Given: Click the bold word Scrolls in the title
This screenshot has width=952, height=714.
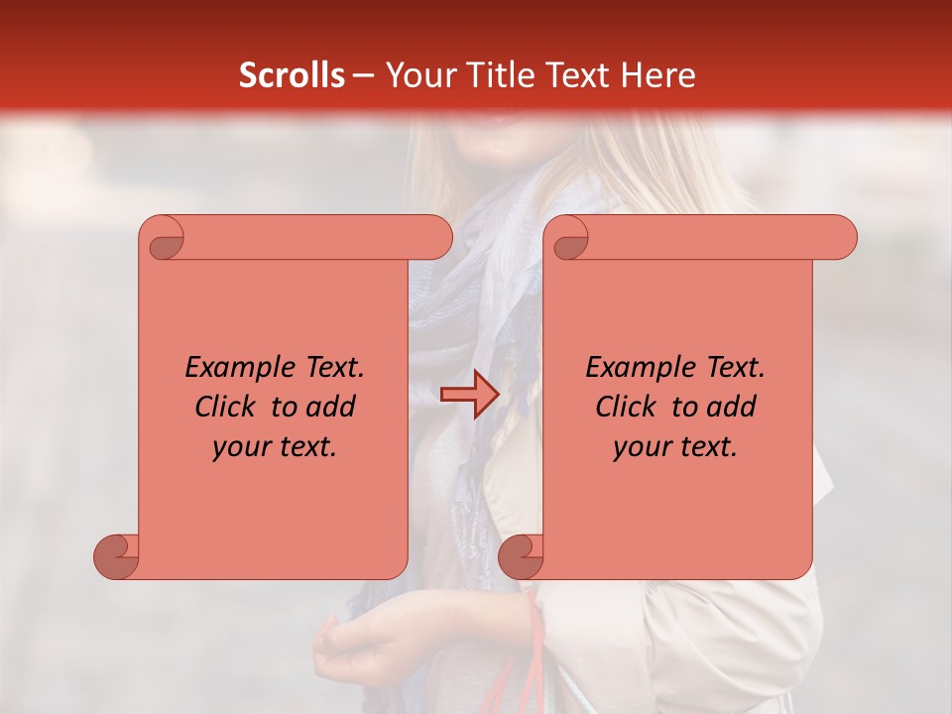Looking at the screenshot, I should point(292,75).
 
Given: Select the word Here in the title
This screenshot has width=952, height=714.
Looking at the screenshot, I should point(658,75).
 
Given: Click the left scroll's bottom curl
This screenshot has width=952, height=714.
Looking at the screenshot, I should point(117,555).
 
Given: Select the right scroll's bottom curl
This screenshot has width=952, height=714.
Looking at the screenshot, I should point(521,555).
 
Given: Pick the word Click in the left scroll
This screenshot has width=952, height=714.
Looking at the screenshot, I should point(218,408).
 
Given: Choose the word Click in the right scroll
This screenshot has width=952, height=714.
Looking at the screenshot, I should point(619,408).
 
